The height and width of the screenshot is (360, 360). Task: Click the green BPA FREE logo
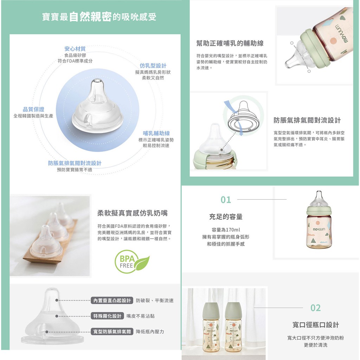point(132,262)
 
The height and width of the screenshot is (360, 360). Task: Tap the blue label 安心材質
point(75,49)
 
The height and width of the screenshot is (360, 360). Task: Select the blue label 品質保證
point(33,109)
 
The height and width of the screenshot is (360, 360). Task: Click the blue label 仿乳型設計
point(153,66)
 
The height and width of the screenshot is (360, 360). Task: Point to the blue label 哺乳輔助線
point(156,133)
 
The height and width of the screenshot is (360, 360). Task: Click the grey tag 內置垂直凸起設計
point(112,301)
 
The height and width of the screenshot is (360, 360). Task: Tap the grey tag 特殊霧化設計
point(107,316)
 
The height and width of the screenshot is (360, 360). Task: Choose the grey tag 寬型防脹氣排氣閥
point(112,332)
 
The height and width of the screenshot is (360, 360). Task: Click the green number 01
point(226,200)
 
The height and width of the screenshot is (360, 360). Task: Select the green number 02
point(315,308)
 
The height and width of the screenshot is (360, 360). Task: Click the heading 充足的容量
point(226,217)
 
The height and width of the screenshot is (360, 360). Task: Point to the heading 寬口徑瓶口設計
point(316,325)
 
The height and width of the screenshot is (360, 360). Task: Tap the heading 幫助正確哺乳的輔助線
point(230,43)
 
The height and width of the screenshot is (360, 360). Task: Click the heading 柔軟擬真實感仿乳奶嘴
point(133,213)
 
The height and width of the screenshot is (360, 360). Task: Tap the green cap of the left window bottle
point(211,310)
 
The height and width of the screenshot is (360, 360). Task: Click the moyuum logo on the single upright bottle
point(319,229)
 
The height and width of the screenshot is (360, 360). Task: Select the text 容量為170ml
point(226,230)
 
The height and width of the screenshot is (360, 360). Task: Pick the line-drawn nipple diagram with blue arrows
point(243,117)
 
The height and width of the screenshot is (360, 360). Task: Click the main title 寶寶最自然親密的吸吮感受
point(99,17)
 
